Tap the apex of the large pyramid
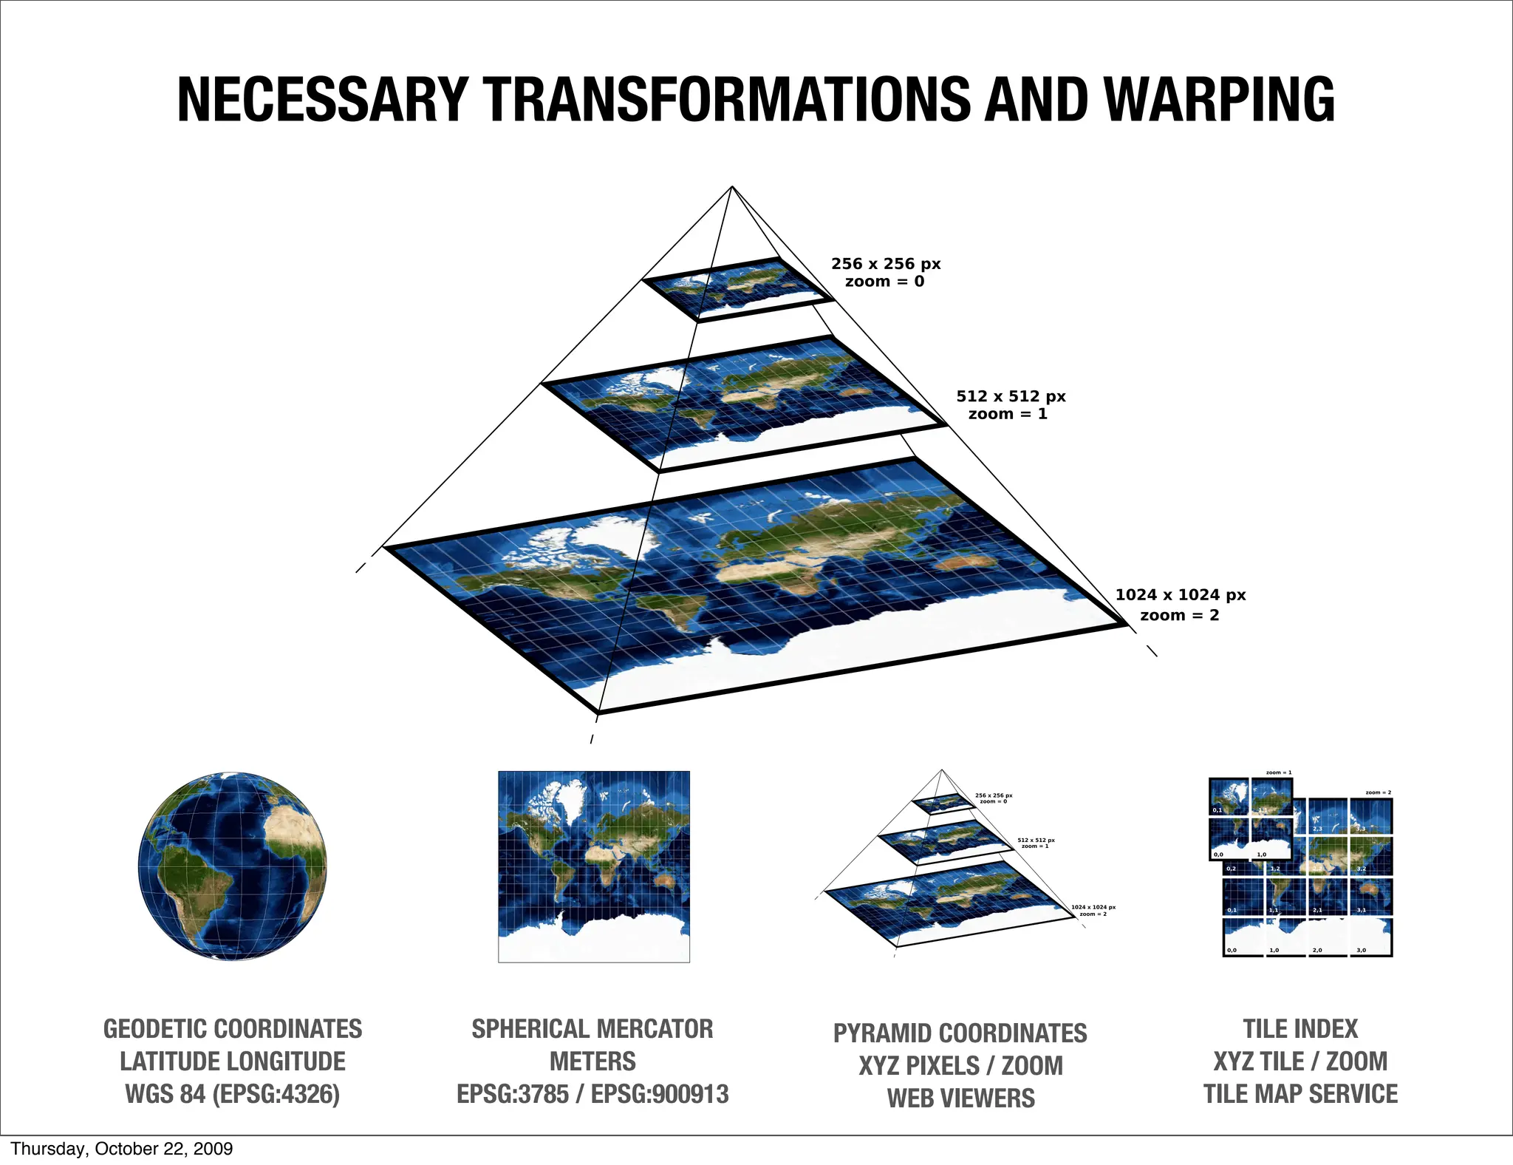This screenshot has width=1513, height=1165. (x=731, y=187)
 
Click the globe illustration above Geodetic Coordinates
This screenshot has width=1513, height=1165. (x=232, y=866)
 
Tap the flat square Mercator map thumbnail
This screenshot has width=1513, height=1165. (x=594, y=866)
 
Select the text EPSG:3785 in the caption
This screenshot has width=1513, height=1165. (x=513, y=1094)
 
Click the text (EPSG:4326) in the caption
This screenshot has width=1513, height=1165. (x=276, y=1094)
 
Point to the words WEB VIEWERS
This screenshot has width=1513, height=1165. (x=960, y=1098)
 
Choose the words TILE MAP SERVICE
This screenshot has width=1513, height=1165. (x=1300, y=1094)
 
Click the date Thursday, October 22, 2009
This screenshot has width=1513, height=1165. (x=122, y=1149)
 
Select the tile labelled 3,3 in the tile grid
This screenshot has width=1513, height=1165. (x=1372, y=816)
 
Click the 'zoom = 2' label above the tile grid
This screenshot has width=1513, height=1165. (x=1379, y=792)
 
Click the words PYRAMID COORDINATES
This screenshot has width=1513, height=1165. (x=960, y=1033)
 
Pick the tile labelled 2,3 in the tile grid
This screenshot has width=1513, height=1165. (x=1328, y=816)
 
